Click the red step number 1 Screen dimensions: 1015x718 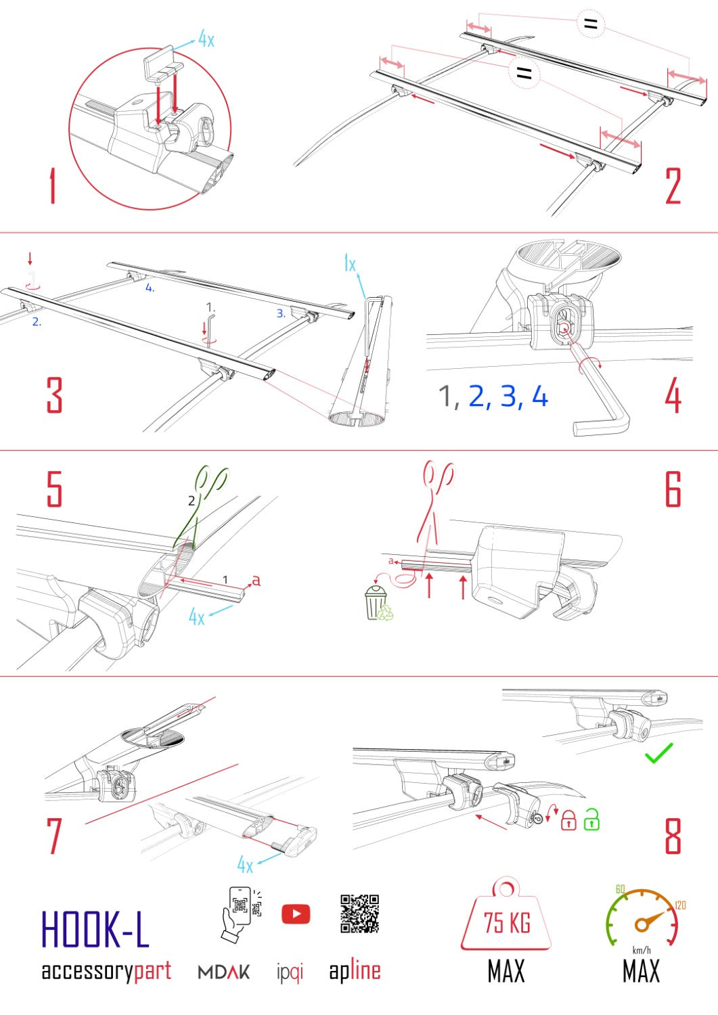[x=52, y=186]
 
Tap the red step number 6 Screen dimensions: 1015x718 [x=673, y=489]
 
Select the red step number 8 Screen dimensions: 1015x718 [x=673, y=836]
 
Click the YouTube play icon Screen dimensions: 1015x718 [x=296, y=914]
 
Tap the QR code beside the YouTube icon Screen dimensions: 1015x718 [x=359, y=913]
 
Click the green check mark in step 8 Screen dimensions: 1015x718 [x=658, y=753]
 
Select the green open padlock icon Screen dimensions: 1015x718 [x=591, y=819]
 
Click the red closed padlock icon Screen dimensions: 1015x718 [x=568, y=820]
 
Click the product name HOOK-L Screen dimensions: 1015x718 [x=95, y=929]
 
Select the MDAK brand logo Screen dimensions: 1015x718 [x=224, y=972]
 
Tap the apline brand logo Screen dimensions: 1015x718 [x=355, y=971]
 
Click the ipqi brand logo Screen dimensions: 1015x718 [x=290, y=972]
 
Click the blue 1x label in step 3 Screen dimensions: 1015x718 [x=349, y=264]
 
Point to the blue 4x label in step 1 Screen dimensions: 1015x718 [x=206, y=39]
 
